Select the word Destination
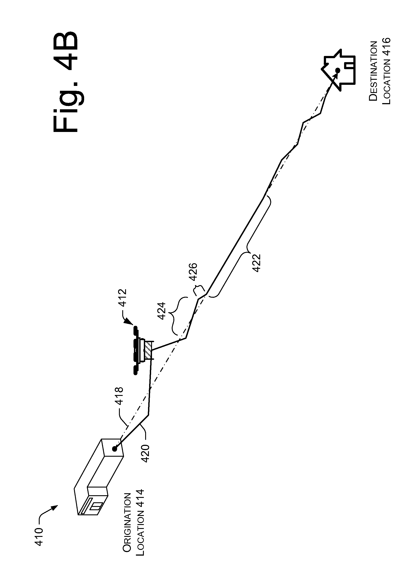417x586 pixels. click(373, 72)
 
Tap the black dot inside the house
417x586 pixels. click(338, 70)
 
